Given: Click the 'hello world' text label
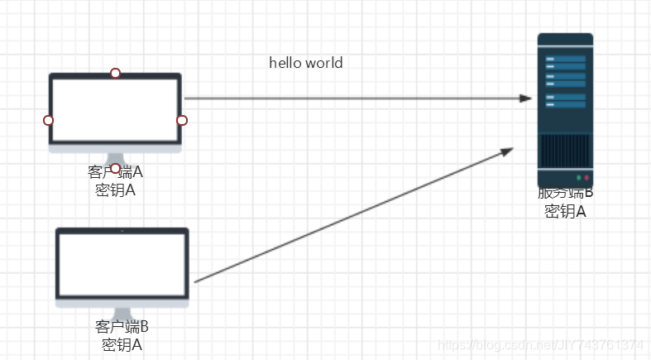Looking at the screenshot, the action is coord(305,63).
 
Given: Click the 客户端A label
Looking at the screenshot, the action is coord(115,173).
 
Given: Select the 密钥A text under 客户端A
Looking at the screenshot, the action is coord(115,190).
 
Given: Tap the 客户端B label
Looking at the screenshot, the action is coord(122,326).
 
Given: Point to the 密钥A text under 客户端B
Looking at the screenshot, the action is coord(122,343).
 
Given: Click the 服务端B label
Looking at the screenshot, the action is coord(565,194).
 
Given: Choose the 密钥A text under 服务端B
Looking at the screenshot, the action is coord(565,211).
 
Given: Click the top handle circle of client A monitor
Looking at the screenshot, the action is coord(115,73).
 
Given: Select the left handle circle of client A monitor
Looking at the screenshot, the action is coord(48,121).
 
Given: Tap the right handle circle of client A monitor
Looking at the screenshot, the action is coord(182,121).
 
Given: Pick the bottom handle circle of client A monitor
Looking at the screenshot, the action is coord(115,168).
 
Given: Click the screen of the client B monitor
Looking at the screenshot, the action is coord(122,264).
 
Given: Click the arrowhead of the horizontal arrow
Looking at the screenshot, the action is coord(525,98).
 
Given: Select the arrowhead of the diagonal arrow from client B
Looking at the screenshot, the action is coord(508,151).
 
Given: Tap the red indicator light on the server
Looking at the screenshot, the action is coord(586,178).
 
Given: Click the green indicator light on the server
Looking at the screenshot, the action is coord(577,178).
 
